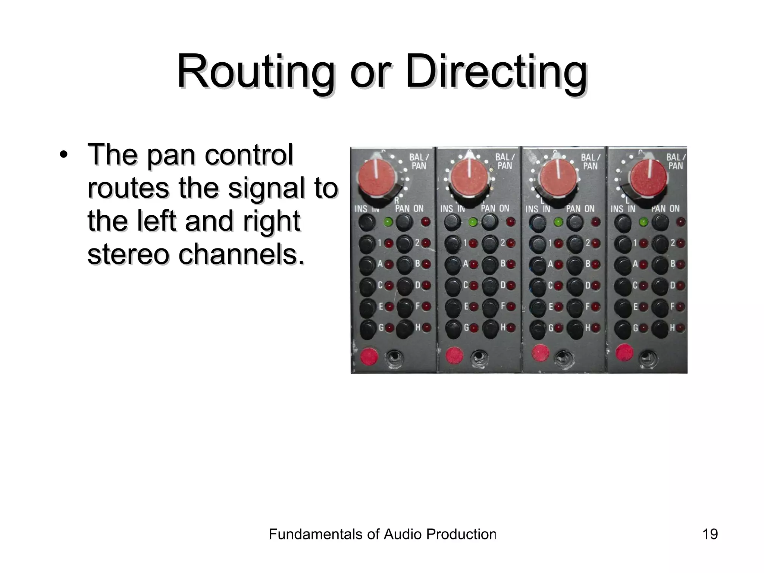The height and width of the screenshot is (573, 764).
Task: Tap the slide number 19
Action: pyautogui.click(x=710, y=534)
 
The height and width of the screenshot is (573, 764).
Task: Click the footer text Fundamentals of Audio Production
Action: pyautogui.click(x=382, y=534)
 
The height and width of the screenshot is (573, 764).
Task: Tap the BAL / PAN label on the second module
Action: pyautogui.click(x=505, y=161)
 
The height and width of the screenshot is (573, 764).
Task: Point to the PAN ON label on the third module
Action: pyautogui.click(x=580, y=209)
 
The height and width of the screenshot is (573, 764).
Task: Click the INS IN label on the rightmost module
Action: pyautogui.click(x=623, y=209)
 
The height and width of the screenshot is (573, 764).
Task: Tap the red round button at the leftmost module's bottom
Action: pyautogui.click(x=369, y=356)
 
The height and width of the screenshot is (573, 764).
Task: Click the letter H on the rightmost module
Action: pyautogui.click(x=673, y=328)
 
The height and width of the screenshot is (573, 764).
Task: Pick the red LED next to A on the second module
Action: pyautogui.click(x=474, y=264)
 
